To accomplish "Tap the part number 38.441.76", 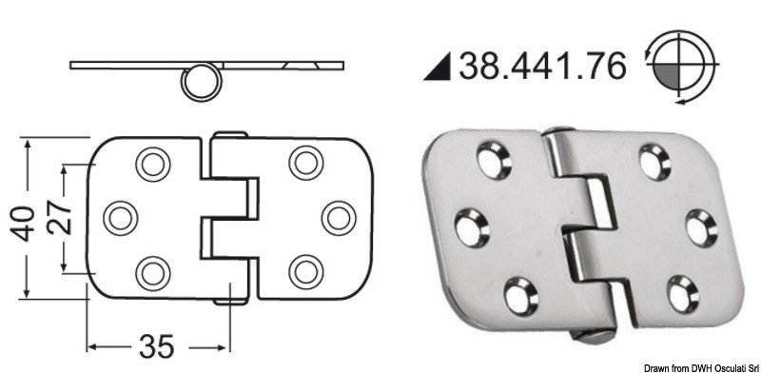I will (x=543, y=66).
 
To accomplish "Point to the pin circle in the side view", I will (x=201, y=84).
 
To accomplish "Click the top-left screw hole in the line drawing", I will (x=150, y=164).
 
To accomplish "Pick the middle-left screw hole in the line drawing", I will (x=121, y=218).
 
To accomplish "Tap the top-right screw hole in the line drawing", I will (x=304, y=163).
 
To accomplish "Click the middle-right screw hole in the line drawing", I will (x=335, y=217).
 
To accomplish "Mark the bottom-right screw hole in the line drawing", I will (x=304, y=271).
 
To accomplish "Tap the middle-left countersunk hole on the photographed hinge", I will (x=473, y=226).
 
